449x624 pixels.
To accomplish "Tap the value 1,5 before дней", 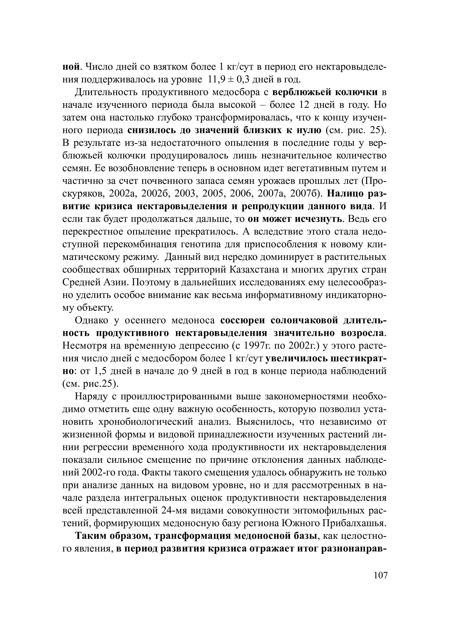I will [x=100, y=371].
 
